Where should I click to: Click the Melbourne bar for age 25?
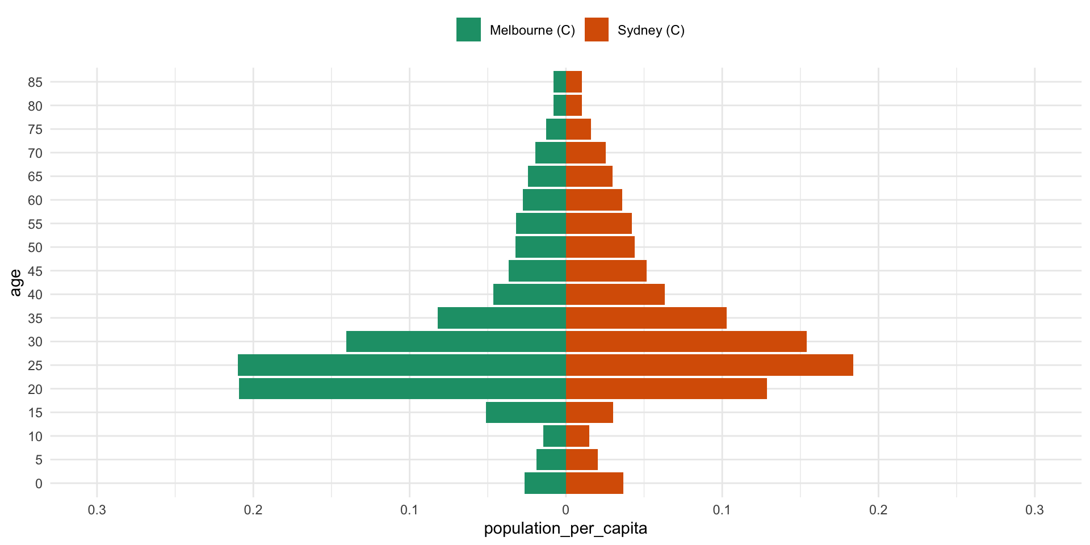pyautogui.click(x=402, y=365)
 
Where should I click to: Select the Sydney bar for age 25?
pyautogui.click(x=710, y=365)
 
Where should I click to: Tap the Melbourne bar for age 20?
pyautogui.click(x=403, y=389)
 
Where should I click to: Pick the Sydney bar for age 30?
pyautogui.click(x=686, y=342)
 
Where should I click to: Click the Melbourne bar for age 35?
pyautogui.click(x=502, y=318)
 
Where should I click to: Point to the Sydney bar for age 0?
pyautogui.click(x=594, y=483)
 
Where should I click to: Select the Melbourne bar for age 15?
pyautogui.click(x=526, y=413)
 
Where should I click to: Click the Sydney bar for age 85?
pyautogui.click(x=574, y=82)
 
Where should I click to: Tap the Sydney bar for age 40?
pyautogui.click(x=615, y=295)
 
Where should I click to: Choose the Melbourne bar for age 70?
pyautogui.click(x=551, y=153)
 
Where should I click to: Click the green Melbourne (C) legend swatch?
pyautogui.click(x=468, y=30)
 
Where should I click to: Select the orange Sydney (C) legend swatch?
pyautogui.click(x=596, y=30)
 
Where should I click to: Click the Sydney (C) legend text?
pyautogui.click(x=651, y=30)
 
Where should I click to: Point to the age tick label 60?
pyautogui.click(x=35, y=200)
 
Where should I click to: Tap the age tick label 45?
pyautogui.click(x=35, y=271)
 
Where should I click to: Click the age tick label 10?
pyautogui.click(x=35, y=437)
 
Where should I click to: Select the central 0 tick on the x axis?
pyautogui.click(x=565, y=510)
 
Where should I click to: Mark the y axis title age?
pyautogui.click(x=16, y=283)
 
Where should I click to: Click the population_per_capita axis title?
pyautogui.click(x=565, y=529)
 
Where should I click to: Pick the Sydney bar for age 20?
pyautogui.click(x=666, y=389)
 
